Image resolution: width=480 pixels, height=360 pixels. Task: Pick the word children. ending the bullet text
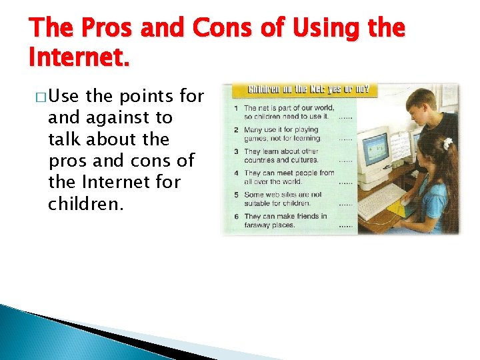click(x=85, y=203)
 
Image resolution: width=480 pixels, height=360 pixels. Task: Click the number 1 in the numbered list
click(x=237, y=108)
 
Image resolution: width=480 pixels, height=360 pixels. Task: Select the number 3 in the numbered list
click(x=237, y=151)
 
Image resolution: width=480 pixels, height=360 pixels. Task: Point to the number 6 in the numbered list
click(x=237, y=216)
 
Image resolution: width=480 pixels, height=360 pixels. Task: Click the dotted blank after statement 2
click(x=345, y=139)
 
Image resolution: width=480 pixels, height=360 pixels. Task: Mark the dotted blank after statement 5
click(x=345, y=203)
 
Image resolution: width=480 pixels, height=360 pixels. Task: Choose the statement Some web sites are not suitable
click(x=283, y=199)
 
